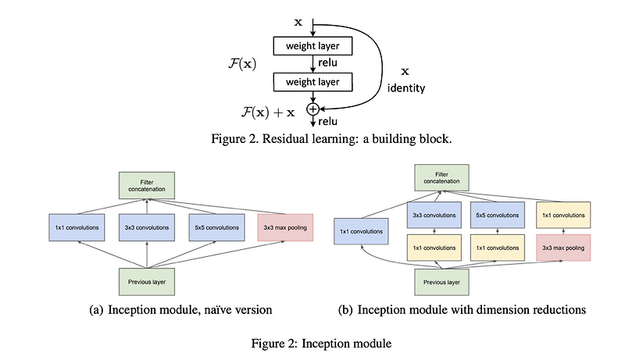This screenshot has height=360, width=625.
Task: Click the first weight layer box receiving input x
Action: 312,46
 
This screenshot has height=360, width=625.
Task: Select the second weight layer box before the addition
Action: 312,80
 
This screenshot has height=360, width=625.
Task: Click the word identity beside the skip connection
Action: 406,88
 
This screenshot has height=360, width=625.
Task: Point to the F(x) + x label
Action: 268,111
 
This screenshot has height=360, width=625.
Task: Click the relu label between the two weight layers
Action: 329,63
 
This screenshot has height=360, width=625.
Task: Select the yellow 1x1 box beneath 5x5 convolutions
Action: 497,247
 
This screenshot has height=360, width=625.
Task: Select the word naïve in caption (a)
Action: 216,310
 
